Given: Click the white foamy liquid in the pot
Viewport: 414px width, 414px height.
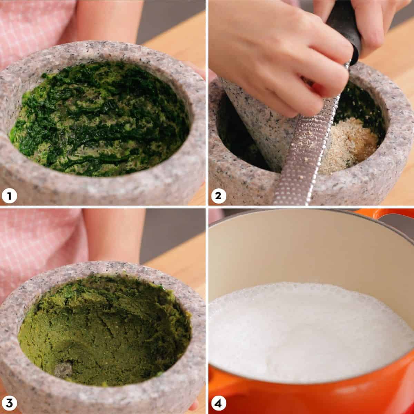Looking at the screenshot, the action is pyautogui.click(x=309, y=331).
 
